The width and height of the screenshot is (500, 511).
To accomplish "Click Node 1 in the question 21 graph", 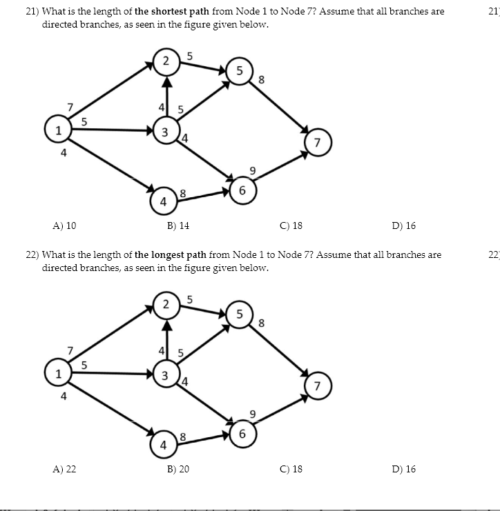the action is pyautogui.click(x=58, y=129).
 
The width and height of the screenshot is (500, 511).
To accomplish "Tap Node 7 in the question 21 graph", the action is pyautogui.click(x=316, y=143).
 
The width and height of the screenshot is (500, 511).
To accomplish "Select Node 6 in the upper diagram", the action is pyautogui.click(x=242, y=190).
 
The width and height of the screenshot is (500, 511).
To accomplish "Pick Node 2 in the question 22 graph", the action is pyautogui.click(x=165, y=304).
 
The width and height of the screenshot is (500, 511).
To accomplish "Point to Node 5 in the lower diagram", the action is pyautogui.click(x=239, y=314).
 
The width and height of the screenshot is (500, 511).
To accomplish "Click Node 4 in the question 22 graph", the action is pyautogui.click(x=163, y=445).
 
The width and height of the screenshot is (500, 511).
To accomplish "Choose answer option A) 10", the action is pyautogui.click(x=64, y=226).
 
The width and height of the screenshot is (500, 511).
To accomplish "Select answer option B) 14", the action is pyautogui.click(x=177, y=226).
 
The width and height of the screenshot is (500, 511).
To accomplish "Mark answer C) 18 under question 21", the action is pyautogui.click(x=291, y=226).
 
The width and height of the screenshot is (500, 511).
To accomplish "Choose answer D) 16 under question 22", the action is pyautogui.click(x=403, y=469).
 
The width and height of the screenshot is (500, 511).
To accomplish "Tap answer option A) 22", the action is pyautogui.click(x=64, y=469).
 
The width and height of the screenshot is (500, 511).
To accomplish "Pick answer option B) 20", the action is pyautogui.click(x=177, y=469).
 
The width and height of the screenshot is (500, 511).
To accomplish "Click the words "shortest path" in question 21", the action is pyautogui.click(x=171, y=12).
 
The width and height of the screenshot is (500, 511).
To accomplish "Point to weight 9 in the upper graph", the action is pyautogui.click(x=252, y=170).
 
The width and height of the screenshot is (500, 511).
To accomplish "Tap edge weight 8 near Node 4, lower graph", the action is pyautogui.click(x=182, y=436).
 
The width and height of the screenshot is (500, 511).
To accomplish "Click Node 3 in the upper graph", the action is pyautogui.click(x=164, y=132).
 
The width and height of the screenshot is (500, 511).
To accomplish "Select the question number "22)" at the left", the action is pyautogui.click(x=32, y=254).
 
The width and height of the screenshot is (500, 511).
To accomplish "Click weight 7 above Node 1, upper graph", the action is pyautogui.click(x=70, y=107).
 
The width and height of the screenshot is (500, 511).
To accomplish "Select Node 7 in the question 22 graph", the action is pyautogui.click(x=316, y=386).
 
